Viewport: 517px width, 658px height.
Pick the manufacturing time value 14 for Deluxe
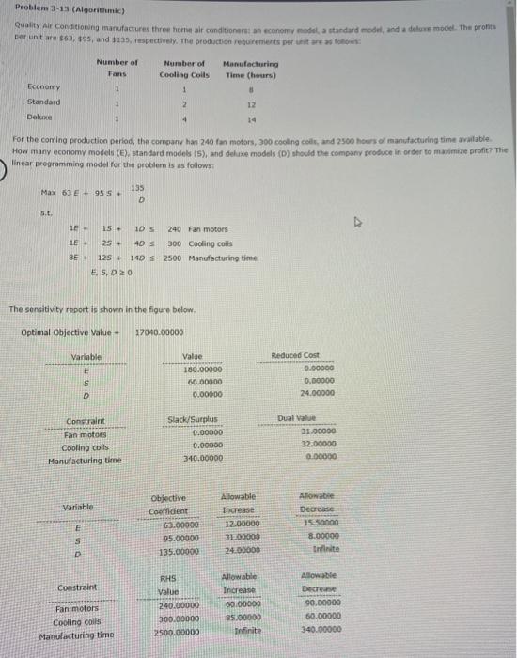(x=252, y=117)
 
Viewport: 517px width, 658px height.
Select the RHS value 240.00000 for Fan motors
(x=178, y=606)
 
